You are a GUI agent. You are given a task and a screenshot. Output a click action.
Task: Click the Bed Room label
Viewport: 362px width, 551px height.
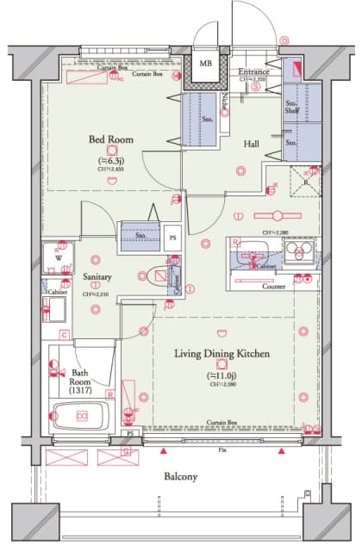(x=110, y=138)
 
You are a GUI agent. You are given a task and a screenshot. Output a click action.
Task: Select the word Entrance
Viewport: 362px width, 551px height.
(x=253, y=71)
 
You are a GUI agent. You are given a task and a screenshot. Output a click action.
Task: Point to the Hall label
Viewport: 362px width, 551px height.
(x=251, y=145)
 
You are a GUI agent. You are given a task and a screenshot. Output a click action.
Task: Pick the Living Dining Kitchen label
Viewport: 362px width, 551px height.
(x=222, y=354)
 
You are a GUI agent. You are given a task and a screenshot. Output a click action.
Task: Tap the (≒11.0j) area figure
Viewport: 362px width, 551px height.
(x=222, y=375)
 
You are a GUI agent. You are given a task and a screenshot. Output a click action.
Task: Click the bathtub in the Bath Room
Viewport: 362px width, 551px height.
(x=80, y=417)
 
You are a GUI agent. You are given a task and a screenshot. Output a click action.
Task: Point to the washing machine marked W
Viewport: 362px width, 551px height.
(x=58, y=256)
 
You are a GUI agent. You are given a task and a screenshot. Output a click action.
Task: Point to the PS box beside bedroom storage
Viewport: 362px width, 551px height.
(x=172, y=237)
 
